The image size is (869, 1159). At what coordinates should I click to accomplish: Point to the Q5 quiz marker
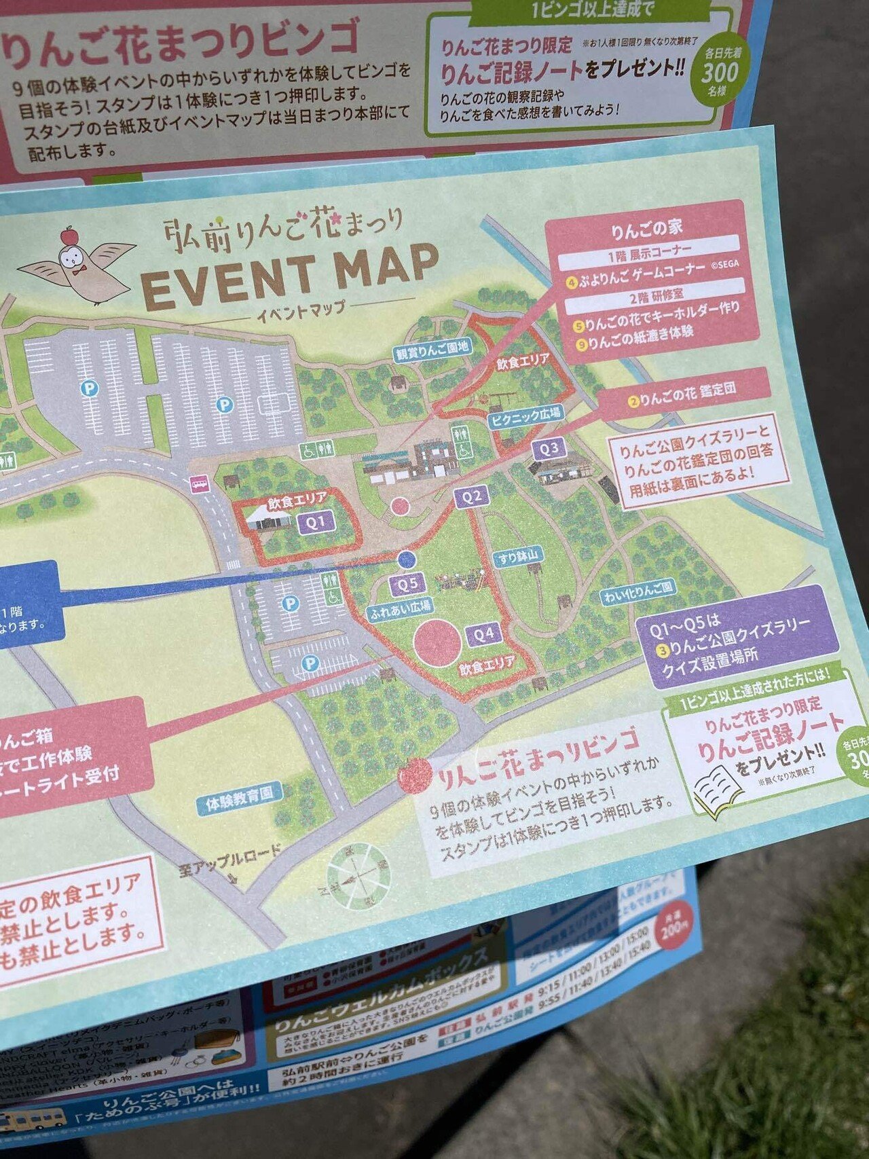click(407, 583)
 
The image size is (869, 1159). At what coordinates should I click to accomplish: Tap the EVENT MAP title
click(291, 272)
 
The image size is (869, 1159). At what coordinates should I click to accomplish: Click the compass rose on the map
click(359, 874)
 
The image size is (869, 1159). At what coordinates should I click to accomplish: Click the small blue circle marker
click(406, 559)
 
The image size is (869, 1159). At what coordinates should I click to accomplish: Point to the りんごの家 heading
click(646, 229)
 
